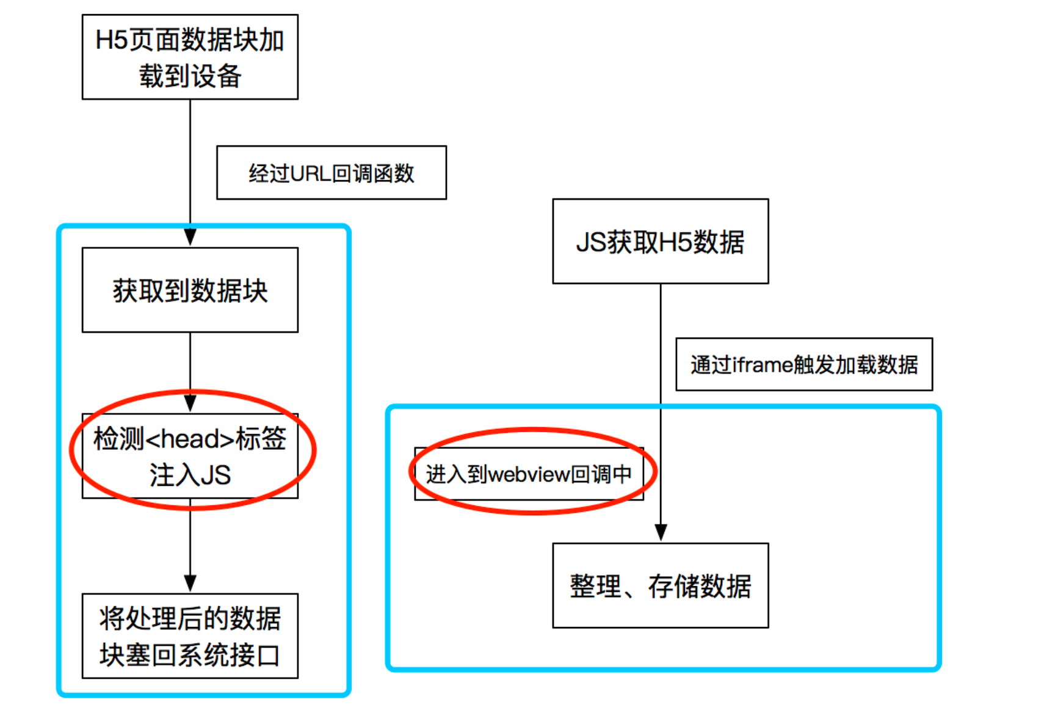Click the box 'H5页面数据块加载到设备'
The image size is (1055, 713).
point(190,57)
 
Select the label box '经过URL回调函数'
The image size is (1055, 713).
point(332,173)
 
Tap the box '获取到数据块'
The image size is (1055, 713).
point(190,290)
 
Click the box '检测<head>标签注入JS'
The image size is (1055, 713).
point(190,456)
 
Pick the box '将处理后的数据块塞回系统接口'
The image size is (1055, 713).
point(190,635)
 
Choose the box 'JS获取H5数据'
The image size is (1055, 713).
point(660,241)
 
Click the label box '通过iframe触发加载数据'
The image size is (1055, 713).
point(804,364)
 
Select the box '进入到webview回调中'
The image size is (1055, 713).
point(529,474)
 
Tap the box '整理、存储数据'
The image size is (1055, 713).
point(660,585)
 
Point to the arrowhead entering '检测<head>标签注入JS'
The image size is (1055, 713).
point(190,404)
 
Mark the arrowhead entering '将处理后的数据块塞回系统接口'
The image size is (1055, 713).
point(190,583)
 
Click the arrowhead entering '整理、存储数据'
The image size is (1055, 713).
point(661,532)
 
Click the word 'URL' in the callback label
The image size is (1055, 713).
point(310,174)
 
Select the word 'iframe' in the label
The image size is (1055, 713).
point(762,365)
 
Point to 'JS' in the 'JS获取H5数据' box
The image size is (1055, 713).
point(591,242)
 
